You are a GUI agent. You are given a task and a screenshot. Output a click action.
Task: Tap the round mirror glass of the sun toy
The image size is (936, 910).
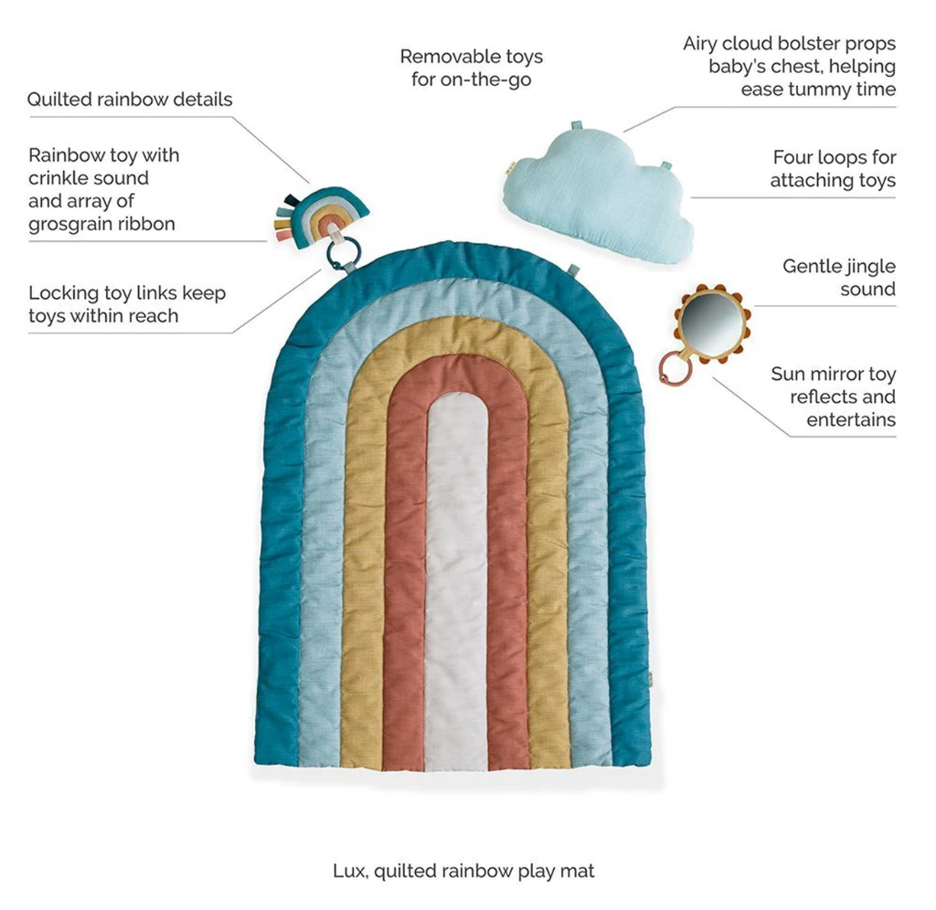coord(711,323)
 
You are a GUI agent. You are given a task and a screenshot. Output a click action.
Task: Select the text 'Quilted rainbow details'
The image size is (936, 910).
coord(130,100)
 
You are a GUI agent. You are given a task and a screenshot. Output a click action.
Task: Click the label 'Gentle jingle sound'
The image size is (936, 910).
coord(838,278)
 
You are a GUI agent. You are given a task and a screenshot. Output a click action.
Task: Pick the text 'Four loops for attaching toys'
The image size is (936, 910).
coord(833,169)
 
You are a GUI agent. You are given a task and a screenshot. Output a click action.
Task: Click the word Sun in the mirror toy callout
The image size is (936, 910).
coord(788,374)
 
